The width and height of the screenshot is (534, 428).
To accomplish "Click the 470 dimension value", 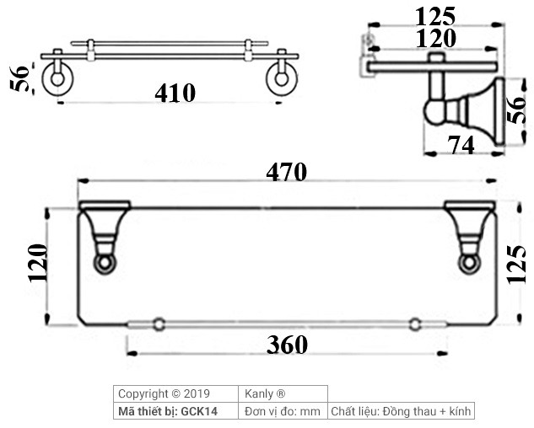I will pos(287,171).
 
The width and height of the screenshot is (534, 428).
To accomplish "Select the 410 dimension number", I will pos(175,93).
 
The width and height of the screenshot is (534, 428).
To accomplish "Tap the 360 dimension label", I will pos(287,345).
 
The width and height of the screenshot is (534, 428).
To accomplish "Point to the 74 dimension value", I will pos(461,145).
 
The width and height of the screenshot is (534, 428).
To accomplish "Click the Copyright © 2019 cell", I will pos(165,393).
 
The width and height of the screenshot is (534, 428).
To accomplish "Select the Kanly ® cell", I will pos(263,393).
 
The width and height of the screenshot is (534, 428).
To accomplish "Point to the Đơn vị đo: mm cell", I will pos(283,411).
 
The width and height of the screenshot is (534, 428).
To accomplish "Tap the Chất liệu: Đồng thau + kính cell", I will pos(401,411).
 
